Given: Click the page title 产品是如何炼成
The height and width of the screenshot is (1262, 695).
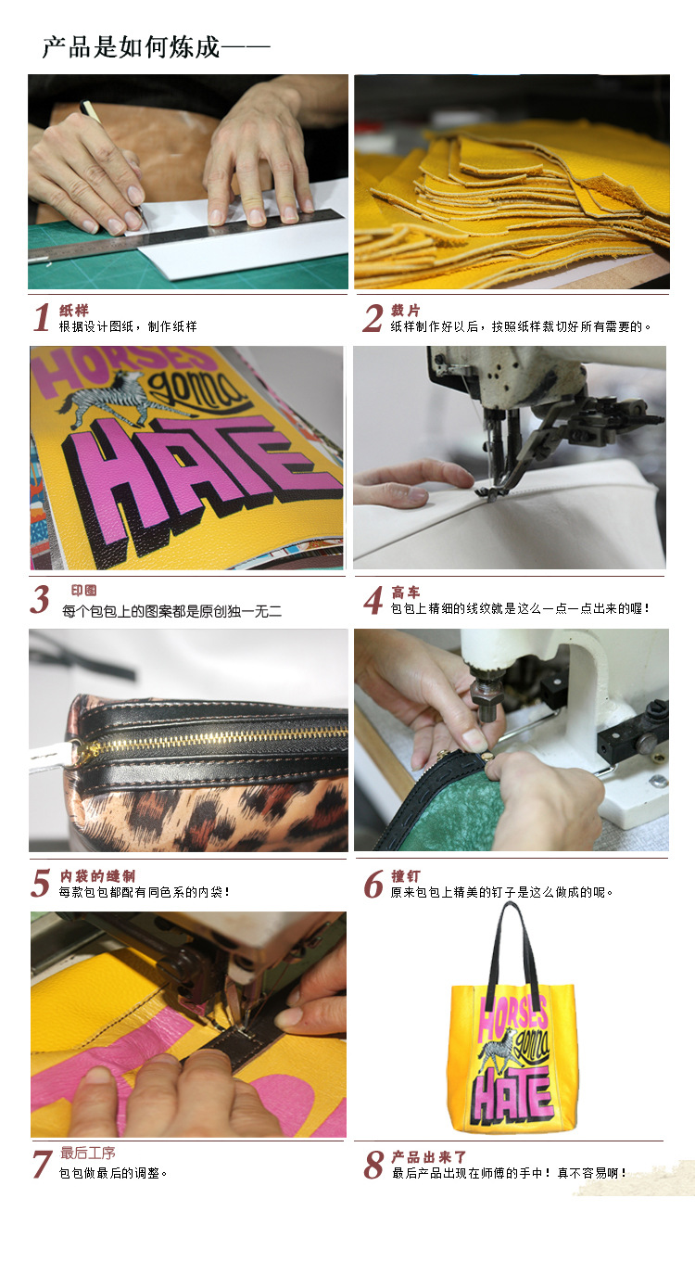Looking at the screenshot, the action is click(131, 46).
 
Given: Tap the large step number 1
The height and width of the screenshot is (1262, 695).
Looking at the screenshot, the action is click(42, 318).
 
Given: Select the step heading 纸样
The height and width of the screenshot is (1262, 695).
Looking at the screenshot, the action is click(74, 310).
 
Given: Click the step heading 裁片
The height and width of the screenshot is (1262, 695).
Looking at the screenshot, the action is click(406, 310).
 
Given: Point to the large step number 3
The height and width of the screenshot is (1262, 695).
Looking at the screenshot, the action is click(40, 599).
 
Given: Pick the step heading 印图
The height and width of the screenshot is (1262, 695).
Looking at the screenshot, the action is click(84, 590).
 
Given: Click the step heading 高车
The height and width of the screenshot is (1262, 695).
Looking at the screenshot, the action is click(406, 593).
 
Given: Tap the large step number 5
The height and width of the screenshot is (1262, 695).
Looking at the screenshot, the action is click(41, 883).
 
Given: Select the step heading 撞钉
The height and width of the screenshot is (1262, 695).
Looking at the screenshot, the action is click(406, 876).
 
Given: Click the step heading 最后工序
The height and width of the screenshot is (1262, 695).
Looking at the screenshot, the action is click(88, 1154).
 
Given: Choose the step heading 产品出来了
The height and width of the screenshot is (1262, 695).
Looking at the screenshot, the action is click(429, 1157).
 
